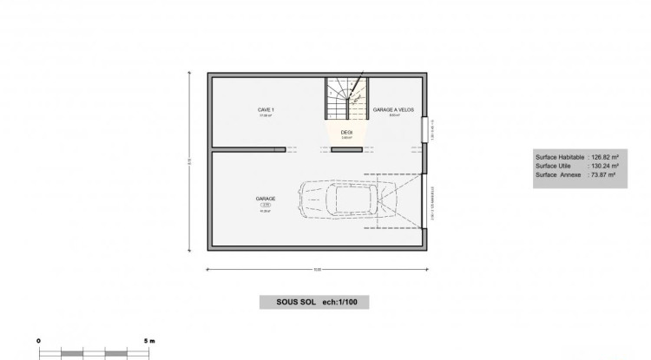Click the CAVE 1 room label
click(x=266, y=110)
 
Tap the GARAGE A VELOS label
click(x=392, y=110)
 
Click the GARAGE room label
click(x=266, y=198)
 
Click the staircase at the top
click(x=346, y=97)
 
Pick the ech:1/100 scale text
click(x=346, y=303)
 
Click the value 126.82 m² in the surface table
click(x=605, y=157)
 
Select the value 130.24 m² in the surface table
click(x=605, y=166)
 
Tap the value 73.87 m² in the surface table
click(x=603, y=174)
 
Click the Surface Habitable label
click(x=561, y=157)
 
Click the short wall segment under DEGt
click(x=346, y=150)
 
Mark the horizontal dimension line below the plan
click(x=318, y=270)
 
